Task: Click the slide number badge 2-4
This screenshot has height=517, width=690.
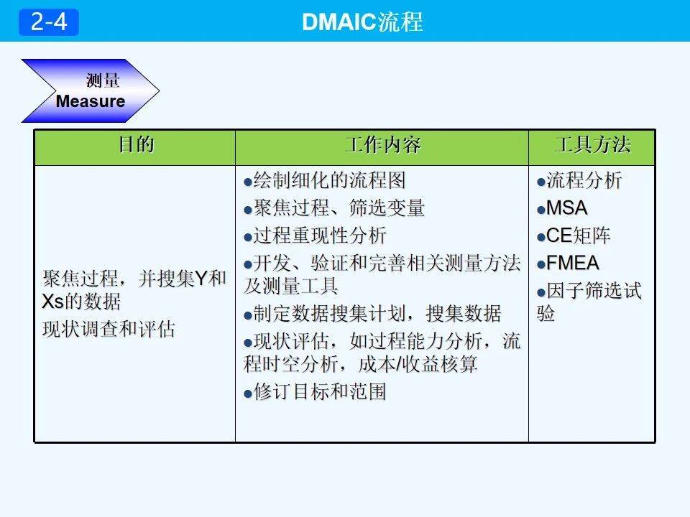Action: [x=49, y=22]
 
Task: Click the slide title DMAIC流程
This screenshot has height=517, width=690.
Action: [x=362, y=22]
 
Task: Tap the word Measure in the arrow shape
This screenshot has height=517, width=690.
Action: [x=90, y=101]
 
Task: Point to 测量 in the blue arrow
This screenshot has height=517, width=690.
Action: [x=103, y=80]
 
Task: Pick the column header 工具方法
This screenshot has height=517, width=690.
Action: [x=592, y=146]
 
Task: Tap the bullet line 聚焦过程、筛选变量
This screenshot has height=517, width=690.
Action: [x=334, y=208]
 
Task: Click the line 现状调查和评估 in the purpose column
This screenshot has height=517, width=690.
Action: [x=109, y=330]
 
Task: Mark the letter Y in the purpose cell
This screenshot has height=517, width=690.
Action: [x=202, y=279]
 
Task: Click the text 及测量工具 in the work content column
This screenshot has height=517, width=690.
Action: [x=290, y=286]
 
